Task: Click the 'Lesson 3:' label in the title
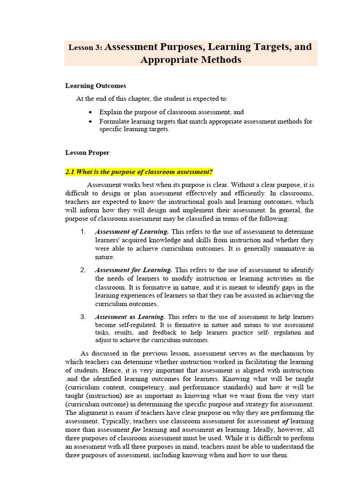click(86, 47)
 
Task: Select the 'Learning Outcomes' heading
click(95, 86)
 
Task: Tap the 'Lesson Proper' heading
click(87, 152)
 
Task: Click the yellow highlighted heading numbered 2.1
click(139, 172)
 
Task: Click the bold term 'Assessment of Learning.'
click(132, 232)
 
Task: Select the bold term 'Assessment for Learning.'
click(134, 270)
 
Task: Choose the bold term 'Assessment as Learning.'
click(130, 317)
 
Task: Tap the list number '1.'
click(82, 232)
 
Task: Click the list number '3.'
click(82, 317)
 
